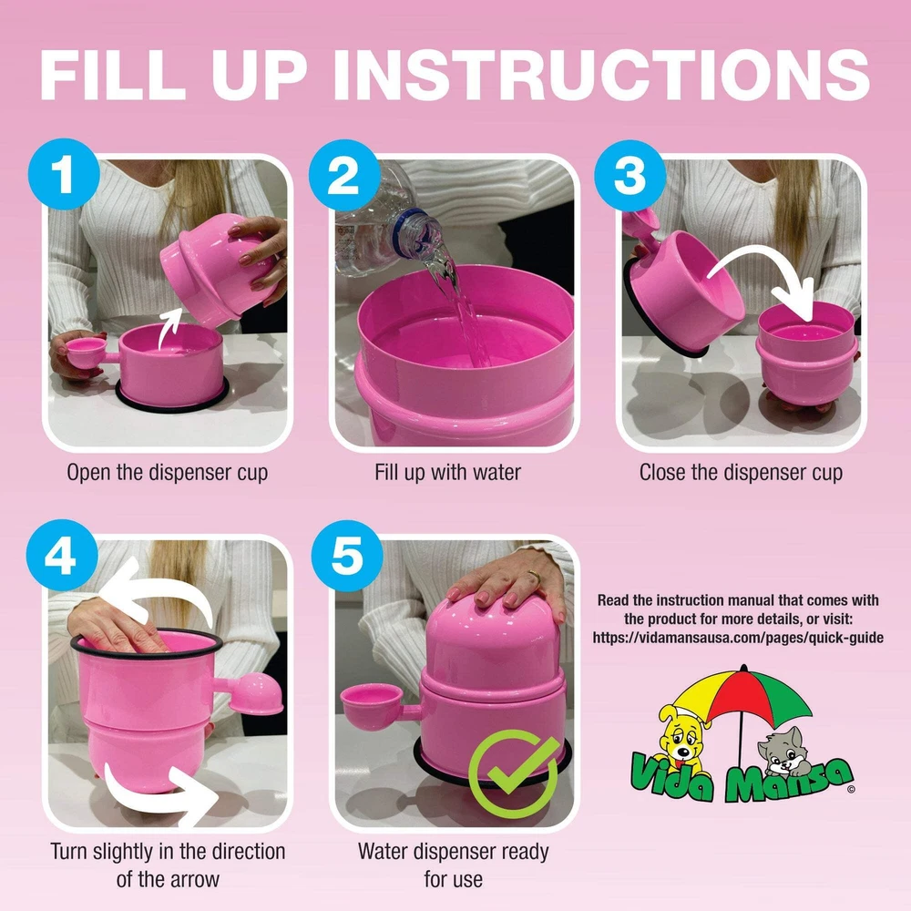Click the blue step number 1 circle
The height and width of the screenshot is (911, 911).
pyautogui.click(x=64, y=174)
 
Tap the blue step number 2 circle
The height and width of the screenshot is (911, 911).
pyautogui.click(x=344, y=175)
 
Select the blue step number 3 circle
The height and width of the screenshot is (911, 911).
pyautogui.click(x=630, y=175)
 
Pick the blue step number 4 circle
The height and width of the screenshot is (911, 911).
pyautogui.click(x=62, y=555)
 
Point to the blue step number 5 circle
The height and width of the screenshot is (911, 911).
pyautogui.click(x=347, y=556)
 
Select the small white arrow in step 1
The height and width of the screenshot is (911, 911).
pyautogui.click(x=169, y=328)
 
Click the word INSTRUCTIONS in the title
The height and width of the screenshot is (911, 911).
pyautogui.click(x=602, y=75)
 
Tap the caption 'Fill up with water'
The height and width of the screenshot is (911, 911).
pyautogui.click(x=447, y=472)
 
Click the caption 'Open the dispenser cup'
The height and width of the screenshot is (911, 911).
pyautogui.click(x=168, y=473)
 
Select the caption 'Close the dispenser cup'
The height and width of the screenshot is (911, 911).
pyautogui.click(x=741, y=473)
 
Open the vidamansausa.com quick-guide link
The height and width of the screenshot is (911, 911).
pyautogui.click(x=738, y=638)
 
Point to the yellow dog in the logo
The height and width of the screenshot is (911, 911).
pyautogui.click(x=682, y=737)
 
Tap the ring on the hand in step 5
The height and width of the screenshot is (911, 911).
pyautogui.click(x=533, y=577)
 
